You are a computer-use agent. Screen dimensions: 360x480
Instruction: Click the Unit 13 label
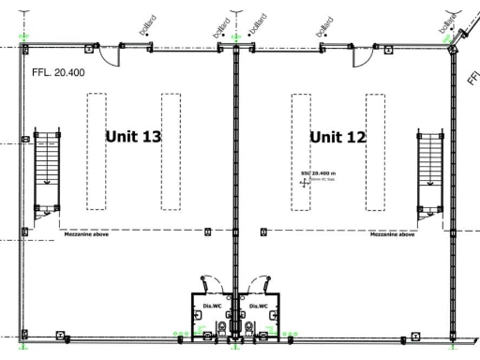tap(133, 136)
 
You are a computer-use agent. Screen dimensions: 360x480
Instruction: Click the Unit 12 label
tap(337, 136)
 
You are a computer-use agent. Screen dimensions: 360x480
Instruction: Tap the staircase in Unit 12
tap(429, 171)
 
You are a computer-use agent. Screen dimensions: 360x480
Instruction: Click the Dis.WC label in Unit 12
tap(259, 306)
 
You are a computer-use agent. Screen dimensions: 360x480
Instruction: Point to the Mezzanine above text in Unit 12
tap(392, 235)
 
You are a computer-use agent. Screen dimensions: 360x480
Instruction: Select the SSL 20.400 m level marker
tap(317, 174)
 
